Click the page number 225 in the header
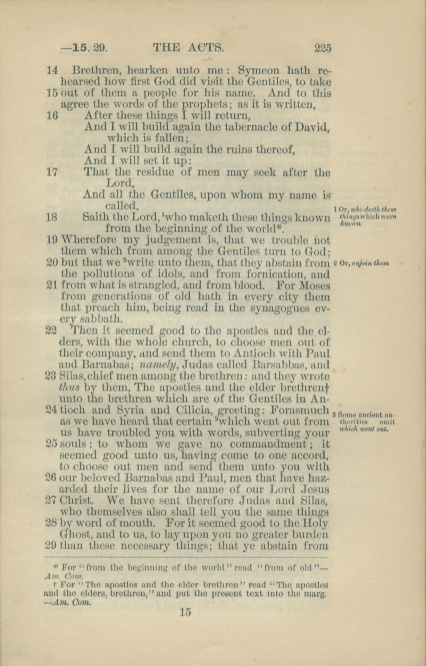tap(323, 47)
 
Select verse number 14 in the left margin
tap(52, 70)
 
